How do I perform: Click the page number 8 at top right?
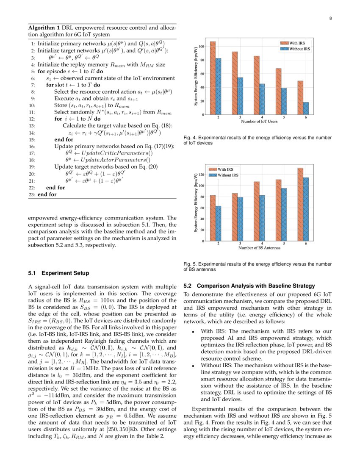tap(330, 18)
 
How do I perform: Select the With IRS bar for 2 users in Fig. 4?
tap(213, 78)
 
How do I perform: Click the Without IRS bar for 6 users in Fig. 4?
tap(306, 108)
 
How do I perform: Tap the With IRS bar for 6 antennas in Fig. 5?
tap(300, 205)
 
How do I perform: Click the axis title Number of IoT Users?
tap(259, 121)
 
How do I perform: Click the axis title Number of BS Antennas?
tap(259, 248)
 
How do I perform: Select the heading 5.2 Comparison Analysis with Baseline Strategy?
tap(250, 286)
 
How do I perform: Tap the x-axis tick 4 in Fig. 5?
tap(262, 244)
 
